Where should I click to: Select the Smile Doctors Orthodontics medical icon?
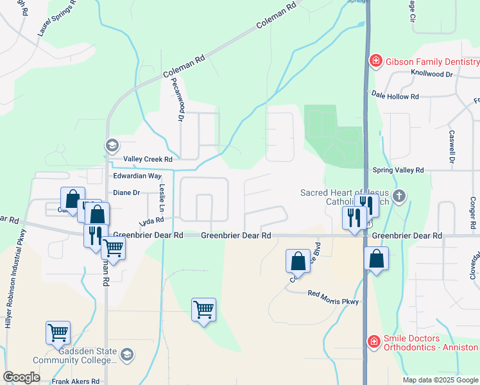click(x=374, y=341)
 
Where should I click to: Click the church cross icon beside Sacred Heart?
click(x=399, y=196)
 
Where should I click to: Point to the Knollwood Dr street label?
click(x=432, y=74)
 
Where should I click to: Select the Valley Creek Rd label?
click(x=148, y=158)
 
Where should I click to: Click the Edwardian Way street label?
click(x=137, y=175)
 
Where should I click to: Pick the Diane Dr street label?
click(x=126, y=192)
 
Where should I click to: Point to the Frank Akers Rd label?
click(x=76, y=381)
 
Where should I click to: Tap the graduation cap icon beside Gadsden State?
click(x=127, y=354)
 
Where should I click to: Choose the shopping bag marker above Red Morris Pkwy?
click(x=298, y=261)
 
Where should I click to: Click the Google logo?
click(x=21, y=377)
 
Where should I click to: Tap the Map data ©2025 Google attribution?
click(x=440, y=380)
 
